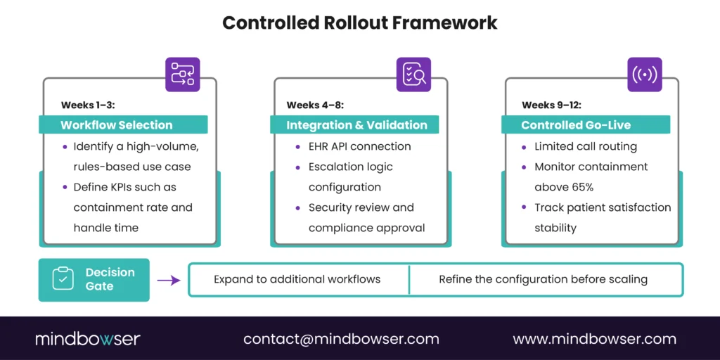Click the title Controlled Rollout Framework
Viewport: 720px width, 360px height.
pyautogui.click(x=359, y=22)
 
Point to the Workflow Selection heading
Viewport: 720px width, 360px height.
pyautogui.click(x=117, y=125)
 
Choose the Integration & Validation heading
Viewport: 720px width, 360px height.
pyautogui.click(x=356, y=125)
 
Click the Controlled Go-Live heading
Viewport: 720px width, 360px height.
pyautogui.click(x=576, y=125)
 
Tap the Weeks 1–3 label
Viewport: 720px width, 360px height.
pyautogui.click(x=88, y=105)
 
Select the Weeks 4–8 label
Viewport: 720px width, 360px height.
pyautogui.click(x=314, y=105)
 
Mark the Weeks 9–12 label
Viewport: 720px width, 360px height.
pyautogui.click(x=551, y=105)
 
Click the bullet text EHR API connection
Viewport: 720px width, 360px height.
pyautogui.click(x=359, y=147)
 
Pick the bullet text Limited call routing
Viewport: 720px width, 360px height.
pyautogui.click(x=585, y=147)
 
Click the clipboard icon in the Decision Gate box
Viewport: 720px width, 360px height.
pyautogui.click(x=63, y=279)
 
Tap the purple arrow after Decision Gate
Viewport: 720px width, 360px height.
pyautogui.click(x=168, y=280)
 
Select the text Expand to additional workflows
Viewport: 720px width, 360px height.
pyautogui.click(x=297, y=279)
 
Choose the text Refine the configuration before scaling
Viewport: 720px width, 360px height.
pyautogui.click(x=543, y=279)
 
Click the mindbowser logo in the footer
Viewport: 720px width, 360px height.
pyautogui.click(x=88, y=339)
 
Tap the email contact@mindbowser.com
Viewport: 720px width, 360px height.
pyautogui.click(x=341, y=339)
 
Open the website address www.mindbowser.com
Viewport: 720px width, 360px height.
pyautogui.click(x=594, y=339)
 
